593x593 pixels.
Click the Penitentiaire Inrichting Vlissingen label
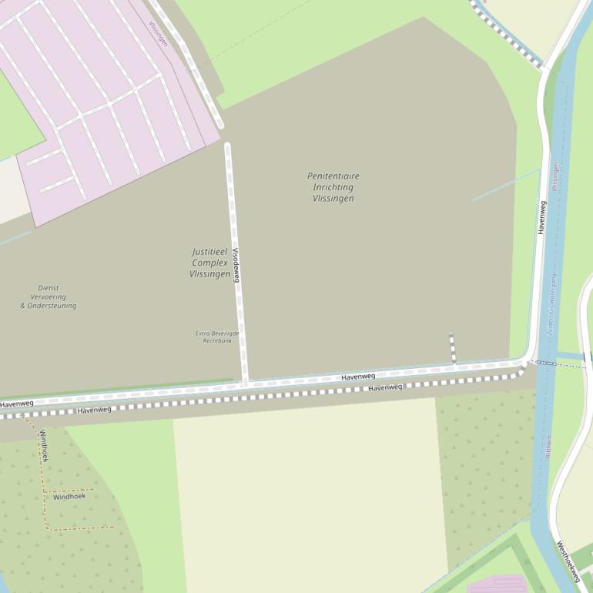pyautogui.click(x=333, y=187)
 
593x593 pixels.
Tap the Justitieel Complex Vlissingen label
pyautogui.click(x=210, y=263)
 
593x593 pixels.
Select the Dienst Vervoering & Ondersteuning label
pyautogui.click(x=49, y=296)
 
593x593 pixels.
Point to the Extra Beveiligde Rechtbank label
pyautogui.click(x=217, y=337)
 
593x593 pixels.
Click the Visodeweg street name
pyautogui.click(x=236, y=265)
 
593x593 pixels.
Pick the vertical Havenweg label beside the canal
pyautogui.click(x=542, y=218)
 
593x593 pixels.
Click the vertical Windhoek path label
pyautogui.click(x=43, y=446)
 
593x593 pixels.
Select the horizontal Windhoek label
pyautogui.click(x=69, y=497)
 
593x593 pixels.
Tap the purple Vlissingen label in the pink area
pyautogui.click(x=158, y=33)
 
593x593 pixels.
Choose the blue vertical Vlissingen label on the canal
pyautogui.click(x=554, y=176)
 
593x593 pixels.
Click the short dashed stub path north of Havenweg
pyautogui.click(x=452, y=347)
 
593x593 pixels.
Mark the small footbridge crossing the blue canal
pyautogui.click(x=546, y=363)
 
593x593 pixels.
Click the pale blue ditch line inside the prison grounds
pyautogui.click(x=505, y=185)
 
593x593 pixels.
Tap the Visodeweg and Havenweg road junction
pyautogui.click(x=246, y=383)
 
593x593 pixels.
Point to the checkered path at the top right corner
pyautogui.click(x=508, y=35)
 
